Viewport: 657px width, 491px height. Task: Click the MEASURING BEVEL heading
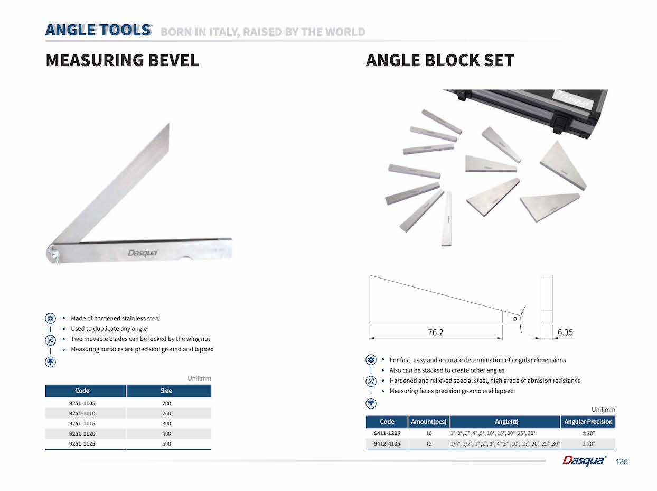tap(122, 60)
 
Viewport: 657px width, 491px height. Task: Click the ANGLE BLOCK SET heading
tap(439, 60)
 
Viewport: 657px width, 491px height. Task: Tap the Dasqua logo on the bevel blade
tap(142, 253)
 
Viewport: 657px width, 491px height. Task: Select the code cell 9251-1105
tap(82, 403)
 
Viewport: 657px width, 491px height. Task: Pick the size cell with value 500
tap(166, 444)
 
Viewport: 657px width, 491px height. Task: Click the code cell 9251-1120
tap(82, 434)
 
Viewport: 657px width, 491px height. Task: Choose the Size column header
tap(166, 391)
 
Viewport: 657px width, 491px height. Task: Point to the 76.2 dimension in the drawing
tap(435, 332)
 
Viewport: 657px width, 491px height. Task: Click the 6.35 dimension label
tap(565, 332)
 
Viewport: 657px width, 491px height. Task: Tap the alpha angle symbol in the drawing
tap(515, 318)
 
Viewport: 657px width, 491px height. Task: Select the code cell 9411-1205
tap(387, 433)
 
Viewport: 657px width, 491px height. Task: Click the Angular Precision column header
tap(588, 422)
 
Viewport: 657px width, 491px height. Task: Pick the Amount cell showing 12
tap(429, 444)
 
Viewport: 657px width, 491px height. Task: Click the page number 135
tap(622, 462)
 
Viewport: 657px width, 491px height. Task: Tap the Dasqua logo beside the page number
tap(584, 461)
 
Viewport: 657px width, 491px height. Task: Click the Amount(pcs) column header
tap(429, 422)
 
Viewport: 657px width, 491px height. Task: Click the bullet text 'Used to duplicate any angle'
tap(109, 329)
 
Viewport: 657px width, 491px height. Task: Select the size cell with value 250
tap(166, 413)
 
